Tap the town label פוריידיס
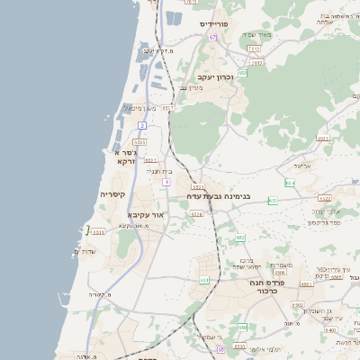pyautogui.click(x=217, y=23)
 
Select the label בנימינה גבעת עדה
pyautogui.click(x=219, y=194)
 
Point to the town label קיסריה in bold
pyautogui.click(x=118, y=194)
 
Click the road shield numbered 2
pyautogui.click(x=141, y=125)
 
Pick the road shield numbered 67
pyautogui.click(x=213, y=38)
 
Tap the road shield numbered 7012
pyautogui.click(x=254, y=49)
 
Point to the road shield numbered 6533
pyautogui.click(x=139, y=141)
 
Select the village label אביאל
pyautogui.click(x=301, y=166)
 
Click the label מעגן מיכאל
pyautogui.click(x=141, y=109)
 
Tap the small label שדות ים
pyautogui.click(x=82, y=251)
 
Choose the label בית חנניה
pyautogui.click(x=157, y=170)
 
